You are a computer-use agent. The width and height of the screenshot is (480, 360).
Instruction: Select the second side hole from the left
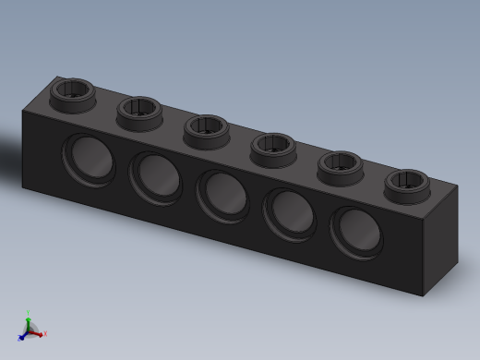[155, 175]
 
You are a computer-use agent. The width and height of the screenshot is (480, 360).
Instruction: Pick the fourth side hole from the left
[289, 213]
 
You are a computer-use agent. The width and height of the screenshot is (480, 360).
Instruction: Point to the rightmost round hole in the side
[356, 232]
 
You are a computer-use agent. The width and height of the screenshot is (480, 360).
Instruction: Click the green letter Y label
[29, 312]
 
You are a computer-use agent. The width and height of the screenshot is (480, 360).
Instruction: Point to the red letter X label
[44, 334]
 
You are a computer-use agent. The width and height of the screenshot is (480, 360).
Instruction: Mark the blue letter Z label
[18, 338]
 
